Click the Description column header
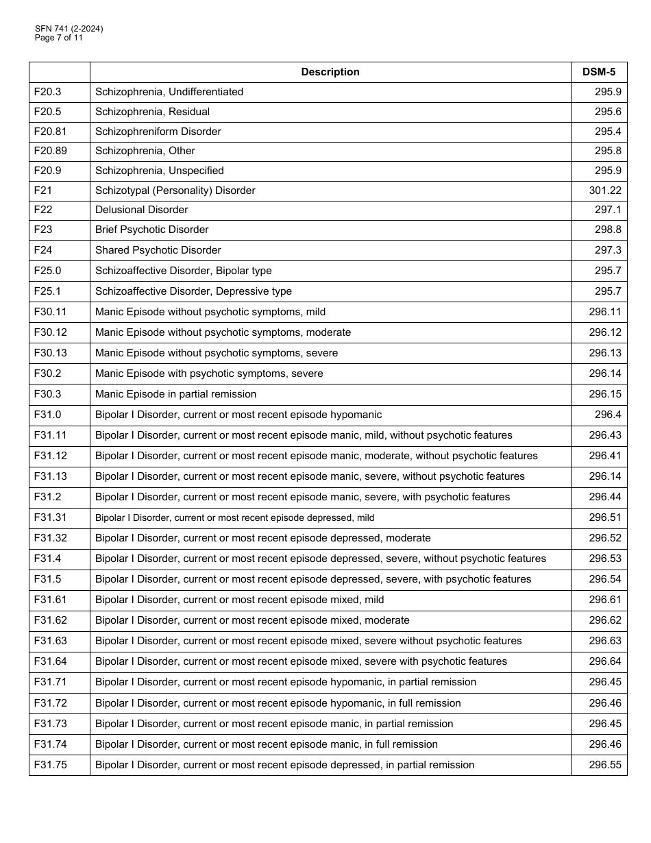pos(330,72)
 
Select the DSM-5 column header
pos(598,72)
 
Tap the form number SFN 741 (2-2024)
pos(69,29)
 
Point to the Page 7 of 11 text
pos(59,38)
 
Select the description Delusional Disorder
pos(141,210)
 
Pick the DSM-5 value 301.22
pos(605,191)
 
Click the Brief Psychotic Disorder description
pos(151,230)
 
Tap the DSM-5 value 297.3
pos(608,250)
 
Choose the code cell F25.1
pos(47,291)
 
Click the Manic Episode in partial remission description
pos(175,394)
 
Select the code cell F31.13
pos(51,476)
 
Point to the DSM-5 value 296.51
pos(605,517)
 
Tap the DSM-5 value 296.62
pos(605,620)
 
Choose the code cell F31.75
pos(51,765)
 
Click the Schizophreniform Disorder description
pos(158,132)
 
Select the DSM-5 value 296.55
pos(605,765)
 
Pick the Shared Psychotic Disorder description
pos(158,250)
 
